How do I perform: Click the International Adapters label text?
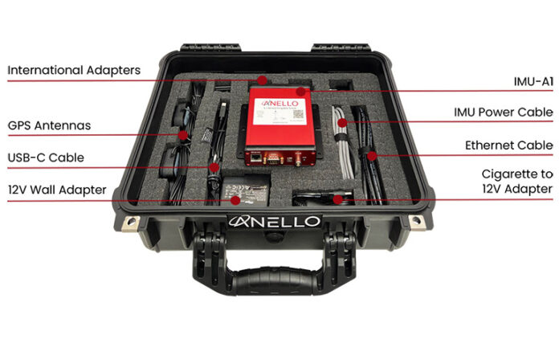[x=74, y=71]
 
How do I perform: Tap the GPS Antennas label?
[x=49, y=126]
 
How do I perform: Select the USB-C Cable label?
[x=46, y=157]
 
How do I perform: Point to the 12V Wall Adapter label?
[x=57, y=190]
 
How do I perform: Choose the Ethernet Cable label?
[x=509, y=145]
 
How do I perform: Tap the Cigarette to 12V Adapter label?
[x=516, y=182]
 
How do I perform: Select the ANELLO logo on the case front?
[x=275, y=221]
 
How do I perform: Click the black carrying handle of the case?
[x=277, y=277]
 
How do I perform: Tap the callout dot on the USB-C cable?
[x=214, y=167]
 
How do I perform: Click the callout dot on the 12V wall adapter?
[x=235, y=200]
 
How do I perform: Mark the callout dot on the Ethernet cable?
[x=371, y=153]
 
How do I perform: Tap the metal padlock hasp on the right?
[x=416, y=221]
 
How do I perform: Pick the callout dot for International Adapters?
[x=263, y=80]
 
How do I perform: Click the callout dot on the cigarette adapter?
[x=339, y=198]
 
